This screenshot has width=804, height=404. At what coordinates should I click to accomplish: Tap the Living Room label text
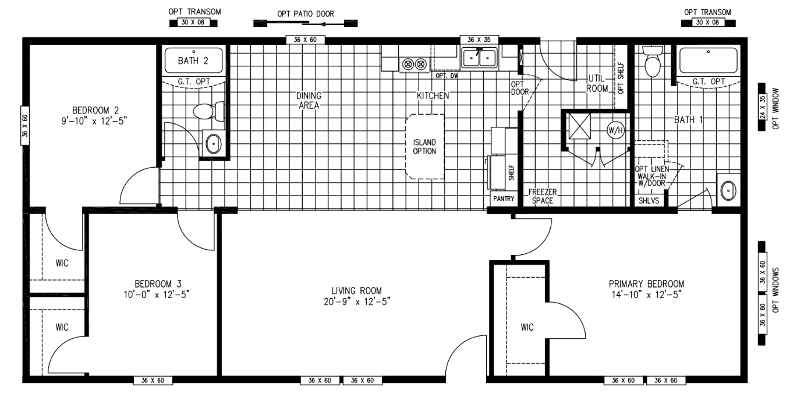(356, 296)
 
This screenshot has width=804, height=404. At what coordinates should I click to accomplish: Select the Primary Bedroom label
(646, 289)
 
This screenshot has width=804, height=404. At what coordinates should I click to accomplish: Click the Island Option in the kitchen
(424, 146)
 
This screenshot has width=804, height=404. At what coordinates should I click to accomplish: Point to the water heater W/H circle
(615, 129)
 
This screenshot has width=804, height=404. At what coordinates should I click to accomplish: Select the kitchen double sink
(479, 59)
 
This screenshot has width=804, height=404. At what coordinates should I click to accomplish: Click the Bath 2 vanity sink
(214, 143)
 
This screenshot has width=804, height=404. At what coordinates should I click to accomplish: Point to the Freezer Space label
(540, 196)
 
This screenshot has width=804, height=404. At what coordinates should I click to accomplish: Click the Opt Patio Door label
(306, 13)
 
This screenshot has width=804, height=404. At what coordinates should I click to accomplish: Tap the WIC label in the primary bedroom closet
(527, 327)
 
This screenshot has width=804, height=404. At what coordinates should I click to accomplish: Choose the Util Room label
(597, 83)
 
